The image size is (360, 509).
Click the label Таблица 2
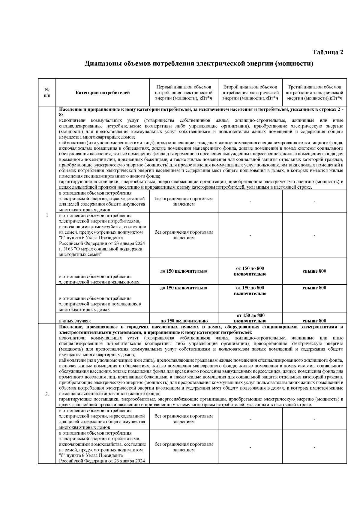tap(328, 52)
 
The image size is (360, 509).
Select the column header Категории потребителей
tap(103, 93)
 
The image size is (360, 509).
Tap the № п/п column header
tap(47, 92)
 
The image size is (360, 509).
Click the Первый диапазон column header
tap(184, 93)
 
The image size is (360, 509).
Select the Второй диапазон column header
tap(250, 93)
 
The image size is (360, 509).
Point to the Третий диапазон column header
tap(314, 93)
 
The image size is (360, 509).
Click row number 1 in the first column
tap(47, 215)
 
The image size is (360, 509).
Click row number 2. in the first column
tap(47, 394)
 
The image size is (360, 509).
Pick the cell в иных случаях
tap(75, 321)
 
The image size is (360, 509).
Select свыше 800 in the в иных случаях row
tap(314, 321)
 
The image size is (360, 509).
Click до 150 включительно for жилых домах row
tap(184, 271)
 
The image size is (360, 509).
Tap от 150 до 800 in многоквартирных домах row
tap(250, 291)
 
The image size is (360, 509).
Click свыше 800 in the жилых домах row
tap(314, 271)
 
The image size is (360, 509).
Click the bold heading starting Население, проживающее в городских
tap(201, 330)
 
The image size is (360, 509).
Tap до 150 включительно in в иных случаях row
tap(184, 321)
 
